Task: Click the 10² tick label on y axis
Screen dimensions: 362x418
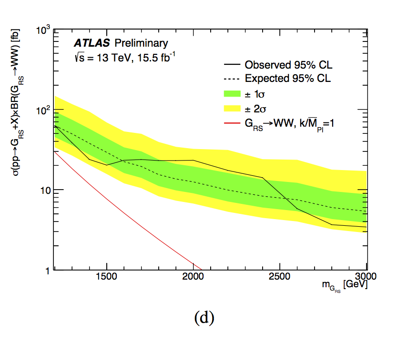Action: tap(43, 111)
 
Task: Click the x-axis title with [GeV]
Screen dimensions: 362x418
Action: tap(344, 286)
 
